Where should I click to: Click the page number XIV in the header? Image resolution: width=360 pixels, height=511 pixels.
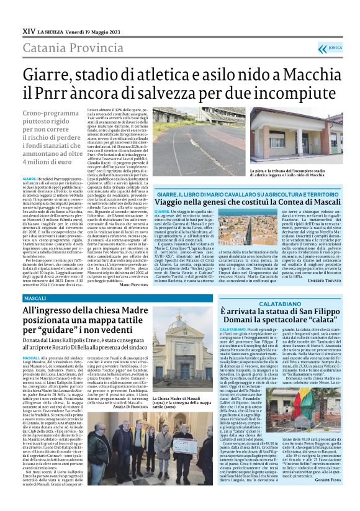[28, 30]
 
